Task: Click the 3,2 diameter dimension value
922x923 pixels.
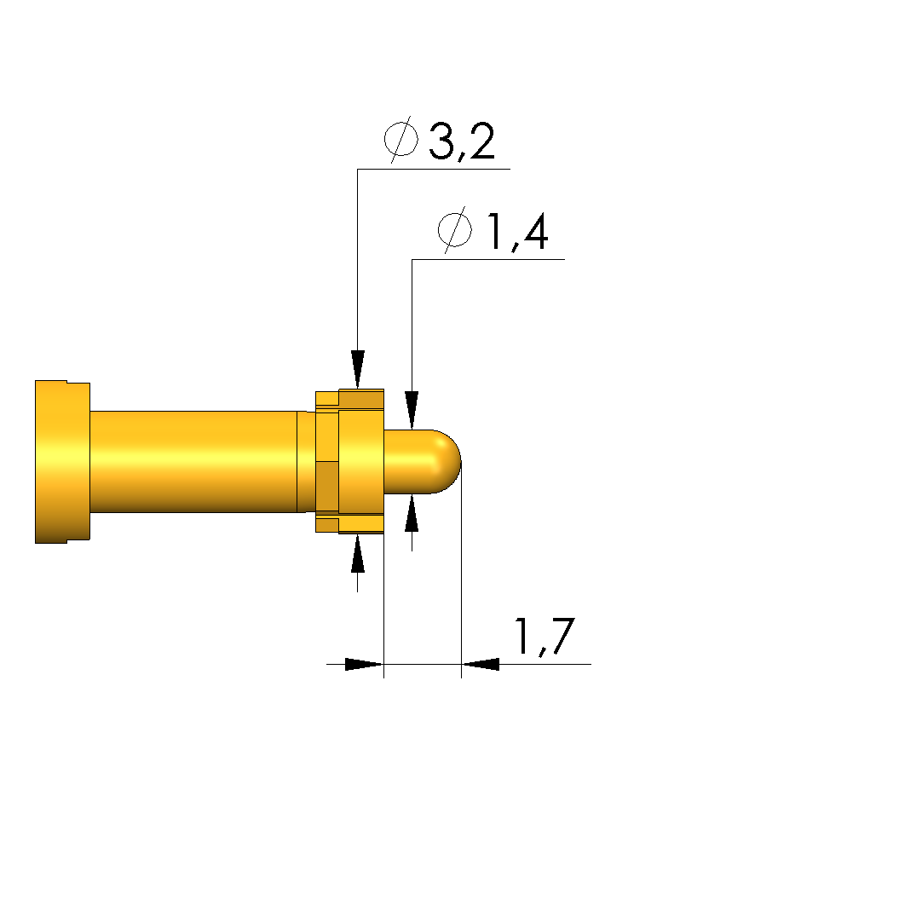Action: point(462,141)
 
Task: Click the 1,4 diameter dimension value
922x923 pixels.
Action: point(516,232)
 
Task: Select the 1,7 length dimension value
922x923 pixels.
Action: point(545,637)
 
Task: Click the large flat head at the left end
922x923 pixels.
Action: point(62,462)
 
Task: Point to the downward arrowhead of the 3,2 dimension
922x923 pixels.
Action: point(358,370)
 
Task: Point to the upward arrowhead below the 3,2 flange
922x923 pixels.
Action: point(358,553)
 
